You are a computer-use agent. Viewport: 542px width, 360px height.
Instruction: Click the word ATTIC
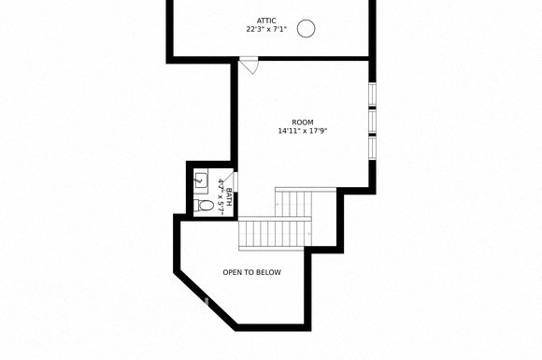(267, 20)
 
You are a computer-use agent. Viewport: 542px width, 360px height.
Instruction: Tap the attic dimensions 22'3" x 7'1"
(267, 30)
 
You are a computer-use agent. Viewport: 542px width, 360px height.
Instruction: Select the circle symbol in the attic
(306, 29)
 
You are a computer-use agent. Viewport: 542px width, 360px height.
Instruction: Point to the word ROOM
(302, 122)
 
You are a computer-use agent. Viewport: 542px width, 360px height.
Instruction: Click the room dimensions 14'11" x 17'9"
(302, 132)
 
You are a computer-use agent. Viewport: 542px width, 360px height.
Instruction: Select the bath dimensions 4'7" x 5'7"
(221, 194)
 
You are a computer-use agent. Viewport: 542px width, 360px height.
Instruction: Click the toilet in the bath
(205, 206)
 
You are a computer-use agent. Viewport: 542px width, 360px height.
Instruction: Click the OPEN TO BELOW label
(251, 272)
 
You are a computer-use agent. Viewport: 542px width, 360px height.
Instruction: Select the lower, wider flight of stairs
(274, 234)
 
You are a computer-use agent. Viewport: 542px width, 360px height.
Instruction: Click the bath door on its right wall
(235, 181)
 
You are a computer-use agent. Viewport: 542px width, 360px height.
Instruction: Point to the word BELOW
(267, 272)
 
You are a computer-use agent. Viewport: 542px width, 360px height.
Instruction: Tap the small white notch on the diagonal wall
(207, 300)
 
